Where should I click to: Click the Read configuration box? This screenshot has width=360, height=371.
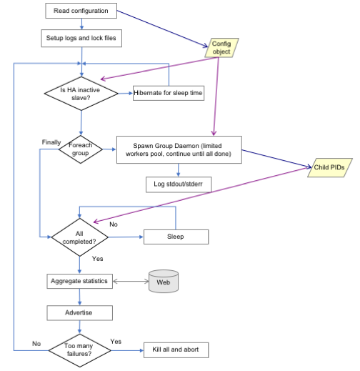coord(81,11)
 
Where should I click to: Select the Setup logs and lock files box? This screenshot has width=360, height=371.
coord(81,38)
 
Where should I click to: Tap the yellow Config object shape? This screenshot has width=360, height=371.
coord(221,48)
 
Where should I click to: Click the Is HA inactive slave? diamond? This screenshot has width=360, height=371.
coord(81,94)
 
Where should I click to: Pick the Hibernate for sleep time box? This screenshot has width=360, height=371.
coord(169,93)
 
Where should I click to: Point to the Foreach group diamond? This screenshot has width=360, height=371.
coord(81,149)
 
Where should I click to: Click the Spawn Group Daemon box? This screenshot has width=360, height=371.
coord(179,149)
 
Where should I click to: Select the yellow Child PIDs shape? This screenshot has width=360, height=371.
coord(330,167)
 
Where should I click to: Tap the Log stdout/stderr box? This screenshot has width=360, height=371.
coord(179,184)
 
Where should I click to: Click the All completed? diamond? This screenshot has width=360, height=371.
coord(79,237)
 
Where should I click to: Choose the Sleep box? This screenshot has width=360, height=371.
coord(176,237)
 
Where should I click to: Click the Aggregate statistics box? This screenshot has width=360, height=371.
coord(79,281)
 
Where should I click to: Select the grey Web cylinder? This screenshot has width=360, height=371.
coord(164,281)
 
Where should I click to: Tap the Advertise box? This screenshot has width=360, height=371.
coord(79,313)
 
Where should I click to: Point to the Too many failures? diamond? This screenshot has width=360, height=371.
coord(79,350)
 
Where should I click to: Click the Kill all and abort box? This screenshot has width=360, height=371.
coord(176,350)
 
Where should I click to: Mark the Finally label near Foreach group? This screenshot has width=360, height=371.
coord(51,142)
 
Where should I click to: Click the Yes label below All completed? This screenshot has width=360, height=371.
coord(98,259)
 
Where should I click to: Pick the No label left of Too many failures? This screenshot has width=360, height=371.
coord(36,344)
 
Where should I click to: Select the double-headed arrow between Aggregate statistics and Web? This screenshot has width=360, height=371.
coord(131,282)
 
